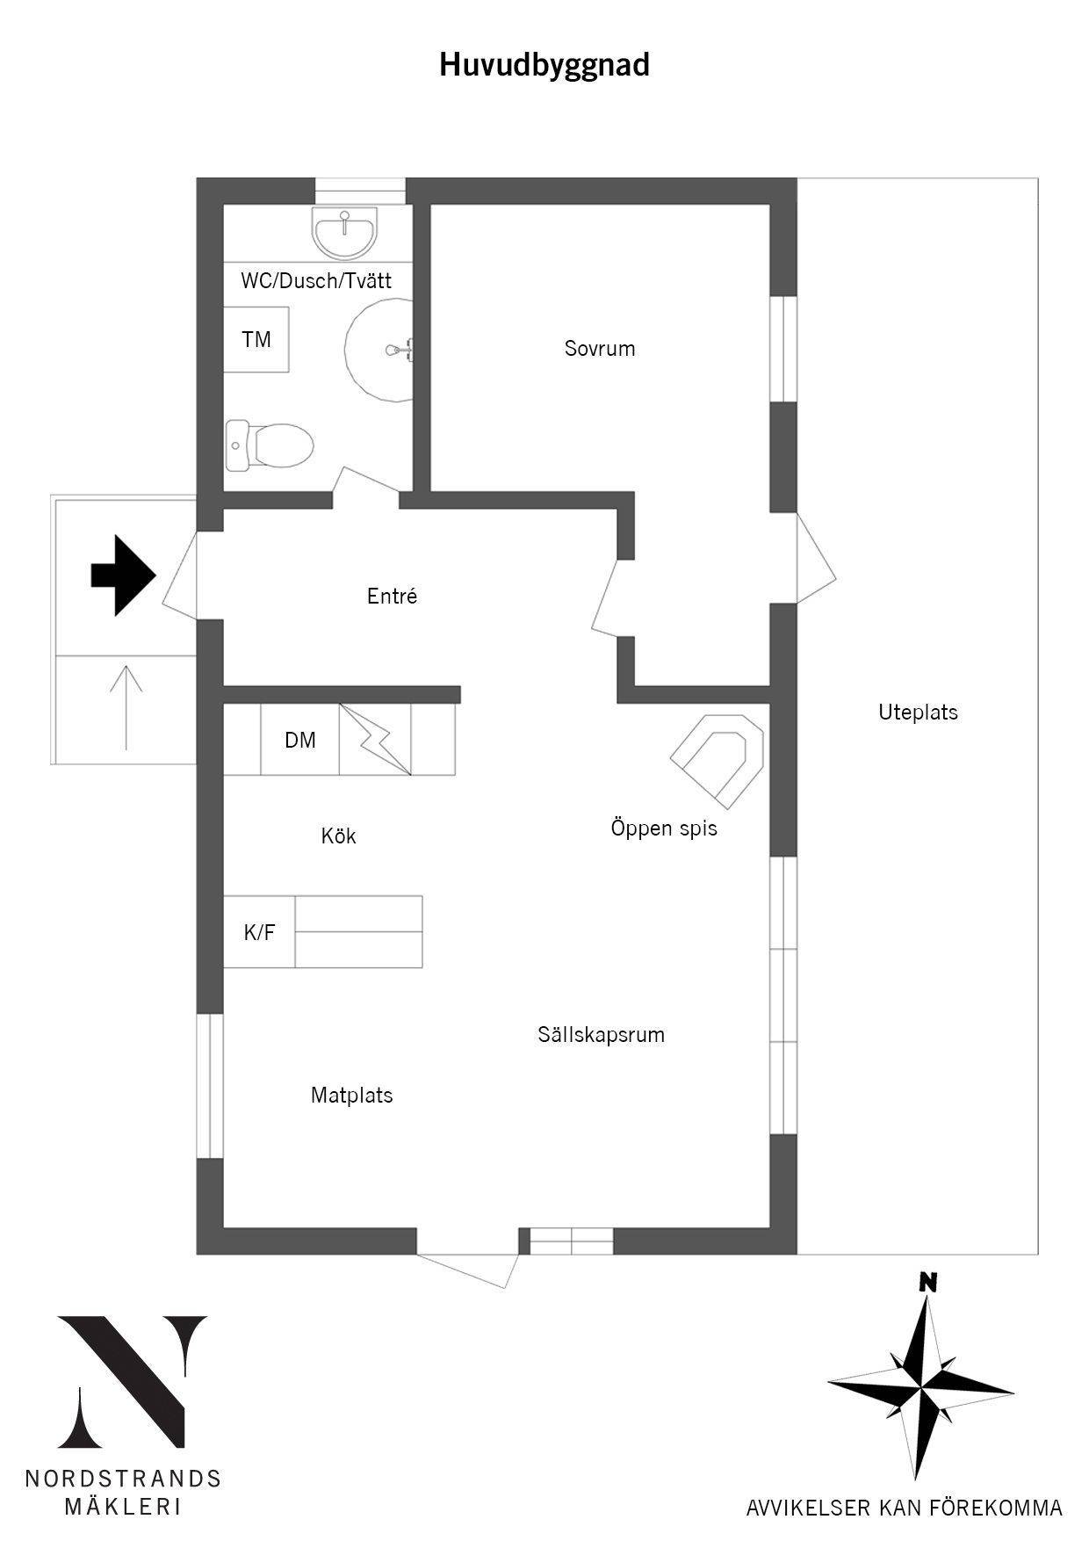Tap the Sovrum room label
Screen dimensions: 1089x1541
click(600, 349)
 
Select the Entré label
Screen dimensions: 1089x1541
click(392, 597)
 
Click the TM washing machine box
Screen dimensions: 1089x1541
click(256, 339)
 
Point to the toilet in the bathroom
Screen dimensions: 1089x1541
click(270, 445)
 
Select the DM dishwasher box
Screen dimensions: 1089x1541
click(300, 740)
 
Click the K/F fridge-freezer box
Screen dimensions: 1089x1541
click(259, 932)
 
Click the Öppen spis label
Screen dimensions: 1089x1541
click(664, 828)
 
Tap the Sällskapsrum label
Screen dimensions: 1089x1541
click(602, 1035)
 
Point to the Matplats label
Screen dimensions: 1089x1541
click(352, 1096)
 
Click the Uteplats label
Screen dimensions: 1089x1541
click(918, 713)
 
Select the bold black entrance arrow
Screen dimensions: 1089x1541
click(124, 575)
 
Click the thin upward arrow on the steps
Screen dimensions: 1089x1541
click(126, 707)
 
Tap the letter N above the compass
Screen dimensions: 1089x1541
click(927, 1282)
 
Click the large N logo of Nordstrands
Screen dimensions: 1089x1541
click(133, 1381)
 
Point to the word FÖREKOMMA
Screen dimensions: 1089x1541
click(991, 1508)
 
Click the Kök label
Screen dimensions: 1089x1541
click(338, 836)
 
